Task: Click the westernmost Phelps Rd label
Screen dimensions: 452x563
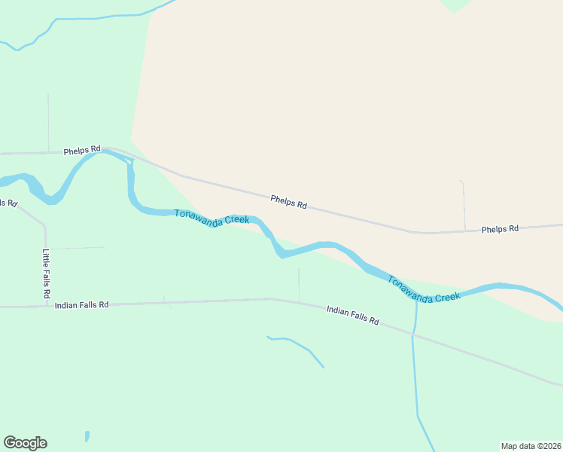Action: pyautogui.click(x=82, y=151)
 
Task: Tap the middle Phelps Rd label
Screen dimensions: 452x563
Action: pyautogui.click(x=289, y=203)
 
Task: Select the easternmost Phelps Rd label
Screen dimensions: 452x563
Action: pyautogui.click(x=501, y=228)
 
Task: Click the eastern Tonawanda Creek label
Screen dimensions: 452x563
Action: pyautogui.click(x=424, y=289)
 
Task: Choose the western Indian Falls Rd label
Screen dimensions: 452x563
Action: pyautogui.click(x=82, y=304)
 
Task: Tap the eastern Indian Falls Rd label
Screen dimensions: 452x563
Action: pyautogui.click(x=352, y=315)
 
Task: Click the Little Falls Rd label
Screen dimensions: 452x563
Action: pyautogui.click(x=47, y=272)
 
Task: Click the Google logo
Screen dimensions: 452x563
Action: pyautogui.click(x=25, y=443)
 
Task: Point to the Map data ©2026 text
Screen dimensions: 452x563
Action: pyautogui.click(x=531, y=445)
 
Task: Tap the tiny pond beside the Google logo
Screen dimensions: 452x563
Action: pyautogui.click(x=87, y=436)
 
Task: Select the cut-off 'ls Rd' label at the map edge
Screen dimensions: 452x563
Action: pyautogui.click(x=8, y=203)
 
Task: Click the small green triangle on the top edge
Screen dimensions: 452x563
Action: pyautogui.click(x=455, y=5)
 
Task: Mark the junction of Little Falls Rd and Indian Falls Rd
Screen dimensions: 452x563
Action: pyautogui.click(x=46, y=306)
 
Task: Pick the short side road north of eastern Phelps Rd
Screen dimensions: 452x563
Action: pyautogui.click(x=464, y=204)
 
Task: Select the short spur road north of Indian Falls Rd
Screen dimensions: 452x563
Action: pyautogui.click(x=299, y=284)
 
